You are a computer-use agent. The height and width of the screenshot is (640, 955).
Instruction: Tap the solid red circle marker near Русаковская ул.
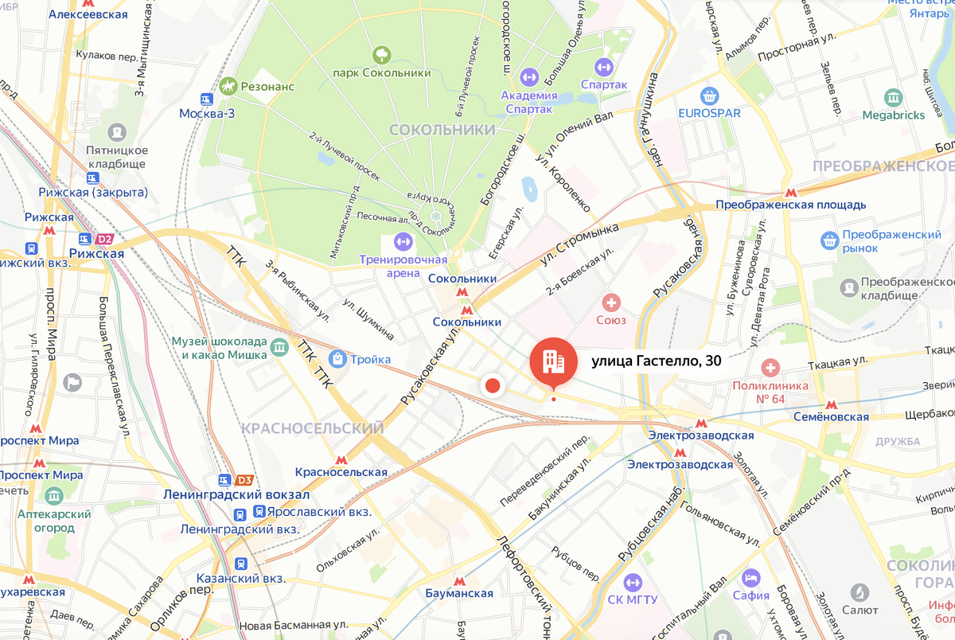(x=493, y=386)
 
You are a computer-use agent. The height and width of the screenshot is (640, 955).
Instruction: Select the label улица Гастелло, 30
(x=657, y=361)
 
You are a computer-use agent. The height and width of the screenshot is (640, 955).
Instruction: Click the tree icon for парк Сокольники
(x=383, y=54)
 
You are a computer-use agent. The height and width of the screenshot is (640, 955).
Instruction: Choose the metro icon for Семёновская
(x=830, y=404)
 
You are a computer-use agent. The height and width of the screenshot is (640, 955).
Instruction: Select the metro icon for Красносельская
(x=341, y=459)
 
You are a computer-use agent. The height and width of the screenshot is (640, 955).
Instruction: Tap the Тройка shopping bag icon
(x=337, y=359)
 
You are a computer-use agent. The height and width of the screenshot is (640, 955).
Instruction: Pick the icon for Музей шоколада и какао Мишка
(x=279, y=346)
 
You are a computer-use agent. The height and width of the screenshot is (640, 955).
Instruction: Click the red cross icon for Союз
(x=611, y=302)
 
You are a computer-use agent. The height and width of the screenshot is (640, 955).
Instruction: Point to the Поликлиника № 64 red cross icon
(x=770, y=368)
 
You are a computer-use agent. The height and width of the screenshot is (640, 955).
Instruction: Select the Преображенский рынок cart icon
(x=830, y=237)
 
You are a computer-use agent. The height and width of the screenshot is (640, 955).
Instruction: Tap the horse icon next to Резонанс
(x=229, y=84)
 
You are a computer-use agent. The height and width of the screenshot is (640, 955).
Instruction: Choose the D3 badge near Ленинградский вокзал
(x=244, y=480)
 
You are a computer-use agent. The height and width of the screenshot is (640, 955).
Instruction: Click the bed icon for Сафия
(x=750, y=577)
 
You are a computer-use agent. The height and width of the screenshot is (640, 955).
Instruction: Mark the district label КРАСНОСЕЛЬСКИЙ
(x=312, y=428)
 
